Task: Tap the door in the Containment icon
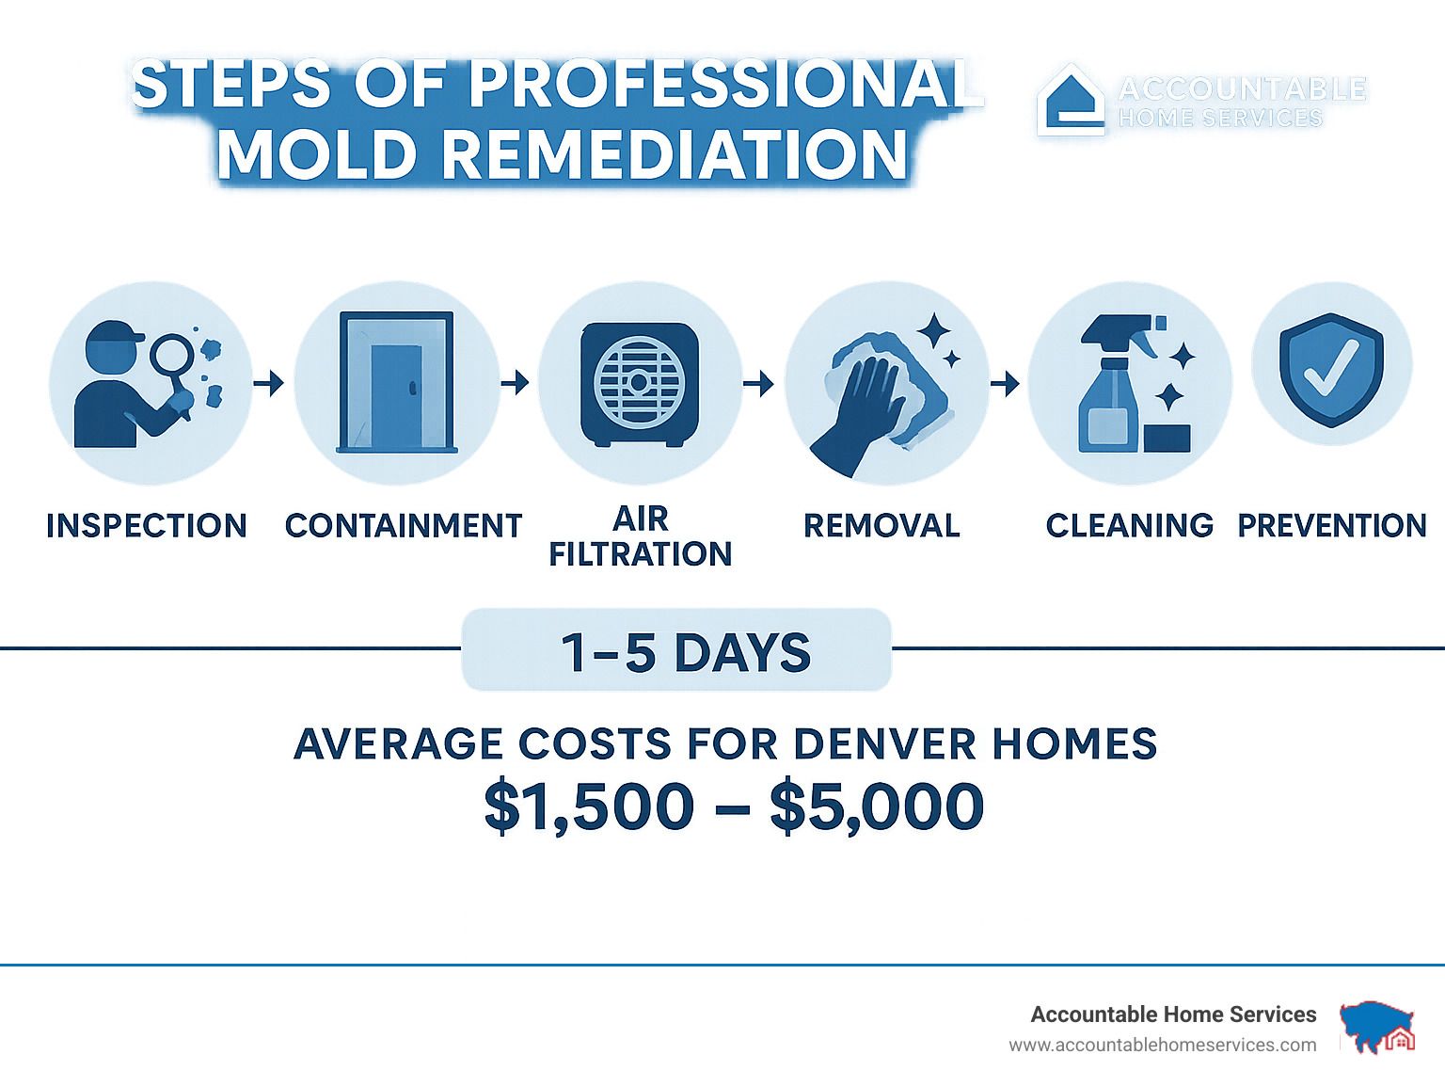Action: point(396,395)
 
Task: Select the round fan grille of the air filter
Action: point(639,383)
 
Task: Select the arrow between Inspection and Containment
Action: point(269,382)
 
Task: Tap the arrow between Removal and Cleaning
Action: point(1005,383)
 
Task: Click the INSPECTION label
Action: point(146,525)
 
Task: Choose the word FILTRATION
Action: point(640,554)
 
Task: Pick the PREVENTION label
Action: point(1332,525)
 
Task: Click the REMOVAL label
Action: point(881,525)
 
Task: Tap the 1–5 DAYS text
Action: point(685,653)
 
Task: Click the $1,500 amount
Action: point(589,807)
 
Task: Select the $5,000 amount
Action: point(877,807)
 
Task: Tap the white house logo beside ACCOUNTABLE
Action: point(1071,100)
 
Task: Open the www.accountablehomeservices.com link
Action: point(1163,1046)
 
